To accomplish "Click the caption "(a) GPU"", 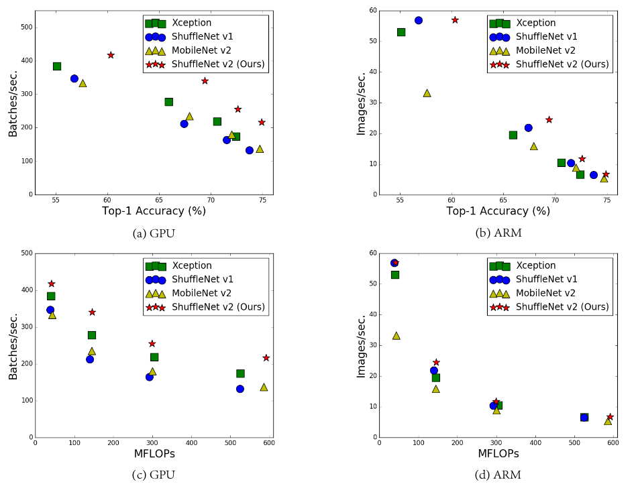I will pyautogui.click(x=154, y=233).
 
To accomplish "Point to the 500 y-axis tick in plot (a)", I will pyautogui.click(x=24, y=27).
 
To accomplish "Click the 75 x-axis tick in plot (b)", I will pyautogui.click(x=606, y=201).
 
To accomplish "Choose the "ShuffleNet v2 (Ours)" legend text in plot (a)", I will pyautogui.click(x=219, y=64).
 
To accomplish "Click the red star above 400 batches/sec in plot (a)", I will pyautogui.click(x=111, y=55).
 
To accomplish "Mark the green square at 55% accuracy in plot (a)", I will pyautogui.click(x=57, y=66).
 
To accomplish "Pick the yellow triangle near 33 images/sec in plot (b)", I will pyautogui.click(x=427, y=93).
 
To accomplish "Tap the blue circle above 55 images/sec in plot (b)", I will pyautogui.click(x=418, y=20).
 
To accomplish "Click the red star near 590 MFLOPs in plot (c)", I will pyautogui.click(x=266, y=358).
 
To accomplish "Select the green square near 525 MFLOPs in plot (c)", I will pyautogui.click(x=240, y=373).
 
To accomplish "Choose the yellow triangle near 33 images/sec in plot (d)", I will pyautogui.click(x=396, y=336).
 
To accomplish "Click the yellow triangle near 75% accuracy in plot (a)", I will pyautogui.click(x=260, y=149).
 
